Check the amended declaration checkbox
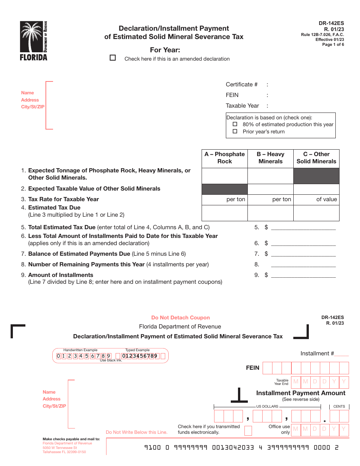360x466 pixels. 113,58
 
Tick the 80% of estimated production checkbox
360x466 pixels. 235,124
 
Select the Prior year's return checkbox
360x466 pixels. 235,131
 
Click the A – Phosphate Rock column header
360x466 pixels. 225,158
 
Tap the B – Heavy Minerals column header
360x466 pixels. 271,158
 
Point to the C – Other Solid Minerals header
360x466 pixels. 316,158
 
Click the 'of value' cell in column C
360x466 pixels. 316,199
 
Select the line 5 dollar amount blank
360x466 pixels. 304,227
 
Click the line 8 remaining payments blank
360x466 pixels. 304,264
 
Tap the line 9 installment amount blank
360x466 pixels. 304,275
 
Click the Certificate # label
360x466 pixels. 242,84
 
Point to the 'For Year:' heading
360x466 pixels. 165,50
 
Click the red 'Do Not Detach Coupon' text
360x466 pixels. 180,317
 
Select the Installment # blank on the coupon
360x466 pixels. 341,354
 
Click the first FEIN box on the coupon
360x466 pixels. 268,368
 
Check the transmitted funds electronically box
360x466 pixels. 248,430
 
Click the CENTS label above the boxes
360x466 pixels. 339,407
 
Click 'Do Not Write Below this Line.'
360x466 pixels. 136,432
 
